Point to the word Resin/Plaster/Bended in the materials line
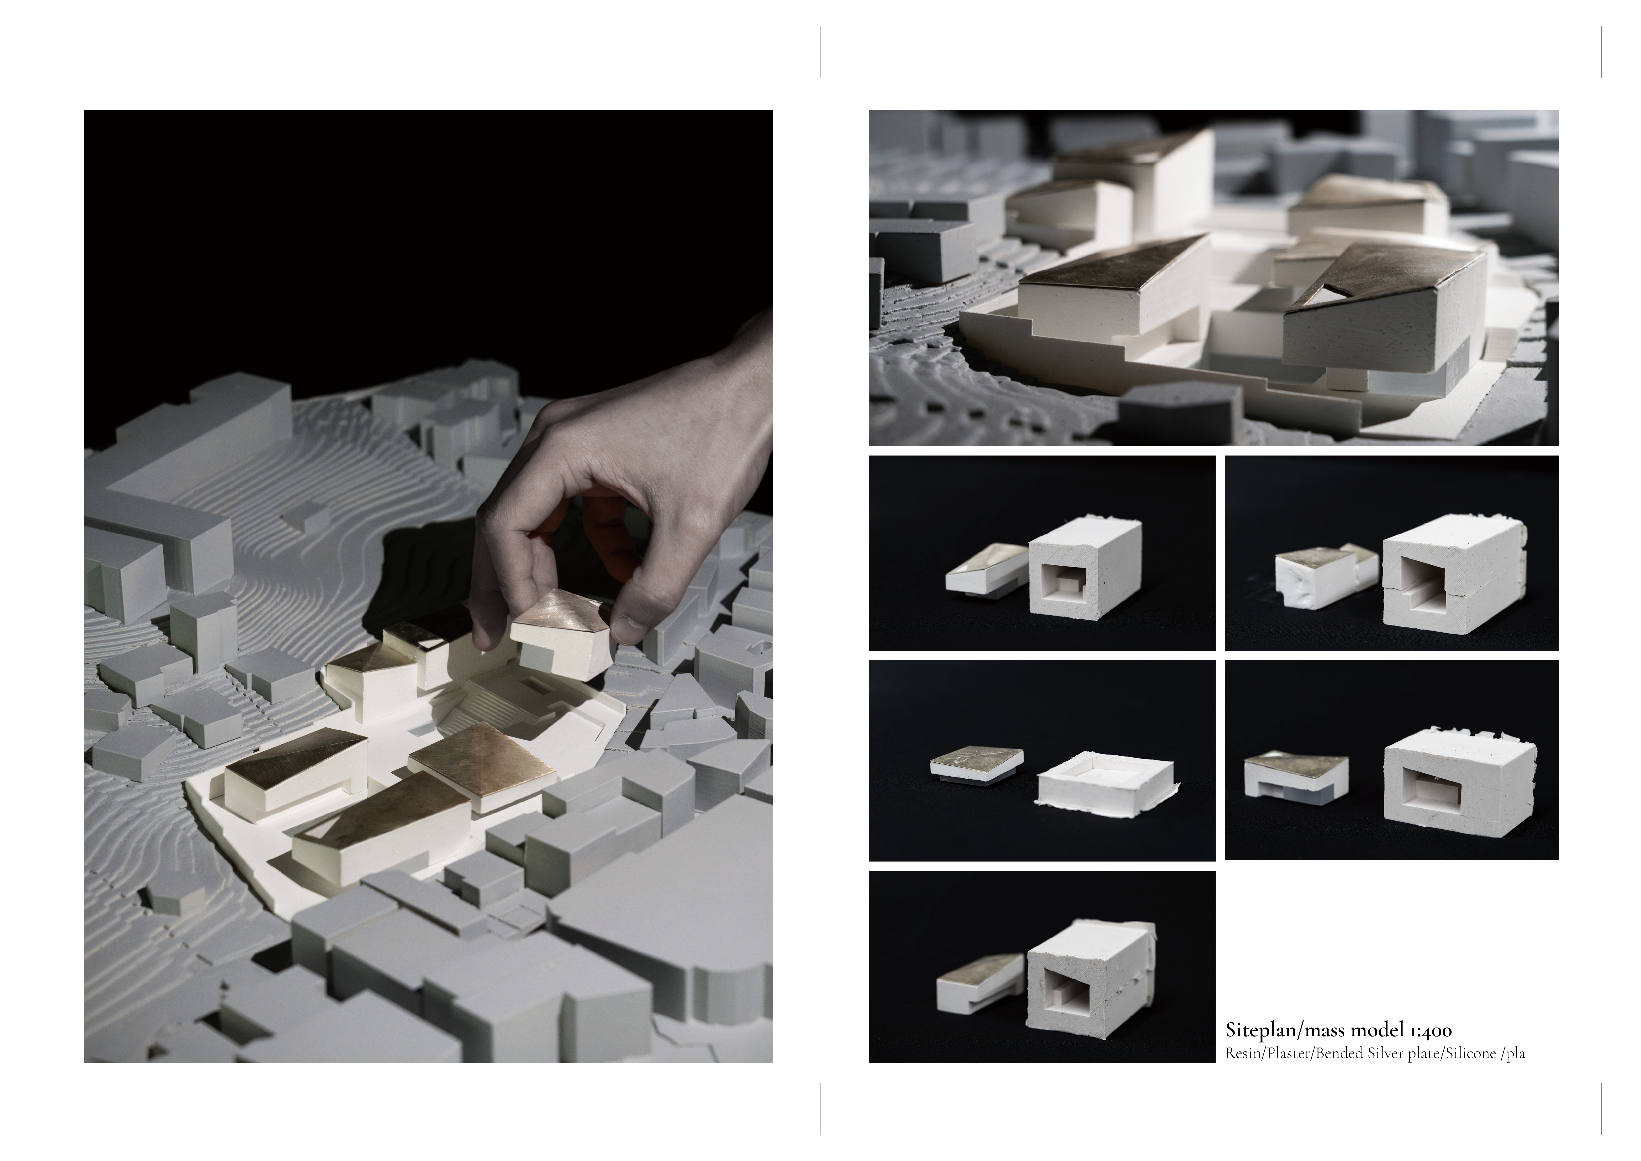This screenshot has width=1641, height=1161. tap(1295, 1054)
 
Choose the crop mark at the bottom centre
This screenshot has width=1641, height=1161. tap(820, 1108)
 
